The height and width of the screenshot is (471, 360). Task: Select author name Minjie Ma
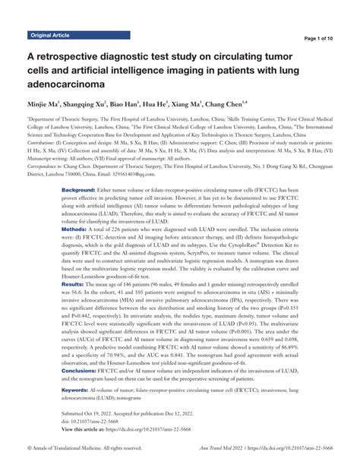pos(45,103)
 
